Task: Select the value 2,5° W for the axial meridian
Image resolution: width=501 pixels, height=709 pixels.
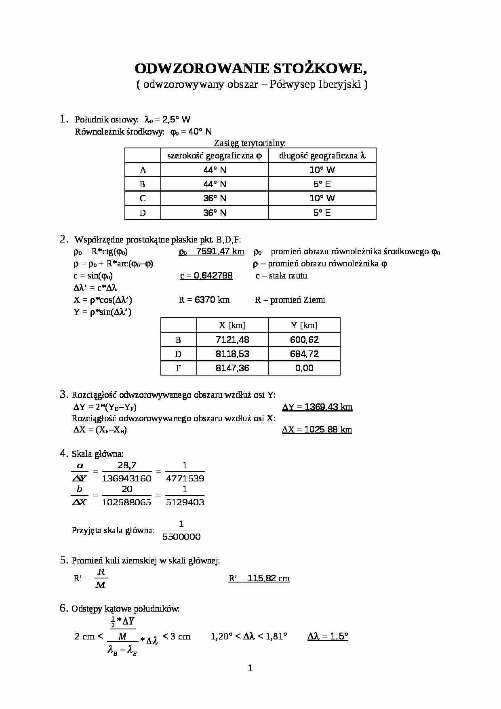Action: click(x=176, y=119)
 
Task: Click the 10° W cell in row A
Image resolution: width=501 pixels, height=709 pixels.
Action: click(x=322, y=170)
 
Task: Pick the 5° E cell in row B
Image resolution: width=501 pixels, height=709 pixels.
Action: click(x=322, y=184)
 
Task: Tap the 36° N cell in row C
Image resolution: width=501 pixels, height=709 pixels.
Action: click(x=215, y=198)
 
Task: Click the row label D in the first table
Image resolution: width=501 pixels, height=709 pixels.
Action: click(x=143, y=213)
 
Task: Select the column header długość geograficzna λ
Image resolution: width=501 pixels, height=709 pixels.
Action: click(x=322, y=156)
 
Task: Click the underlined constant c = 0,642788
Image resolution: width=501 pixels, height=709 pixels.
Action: click(x=206, y=276)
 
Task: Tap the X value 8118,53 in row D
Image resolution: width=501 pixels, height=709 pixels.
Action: click(x=232, y=354)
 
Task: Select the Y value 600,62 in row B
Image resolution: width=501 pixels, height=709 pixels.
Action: click(x=304, y=340)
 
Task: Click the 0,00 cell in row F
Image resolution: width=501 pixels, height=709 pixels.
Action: click(x=304, y=368)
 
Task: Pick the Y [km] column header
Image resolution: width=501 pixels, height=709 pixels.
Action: click(x=304, y=325)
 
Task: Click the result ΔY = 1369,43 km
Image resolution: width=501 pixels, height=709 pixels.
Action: click(x=317, y=407)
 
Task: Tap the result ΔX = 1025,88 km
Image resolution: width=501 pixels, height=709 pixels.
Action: click(x=317, y=430)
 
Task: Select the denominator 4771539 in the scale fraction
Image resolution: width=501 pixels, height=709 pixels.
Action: click(x=185, y=479)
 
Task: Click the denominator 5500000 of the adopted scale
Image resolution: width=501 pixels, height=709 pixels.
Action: click(x=181, y=537)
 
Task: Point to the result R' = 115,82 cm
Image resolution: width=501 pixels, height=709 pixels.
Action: click(x=259, y=578)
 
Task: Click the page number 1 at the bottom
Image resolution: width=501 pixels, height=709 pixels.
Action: click(x=250, y=668)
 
